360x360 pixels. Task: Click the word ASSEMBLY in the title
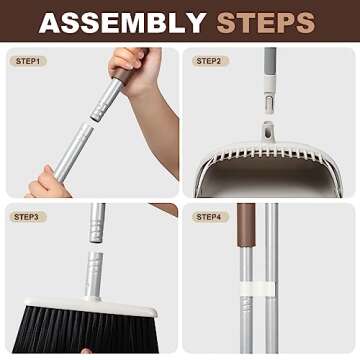pos(122,22)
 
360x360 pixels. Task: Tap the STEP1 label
pos(29,61)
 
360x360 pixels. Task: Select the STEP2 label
pos(209,61)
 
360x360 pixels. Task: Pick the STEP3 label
pos(29,217)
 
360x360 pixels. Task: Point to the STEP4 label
pos(209,217)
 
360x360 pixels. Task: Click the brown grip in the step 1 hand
pos(125,62)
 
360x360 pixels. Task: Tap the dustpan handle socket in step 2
pos(269,130)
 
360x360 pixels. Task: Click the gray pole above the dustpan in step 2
pos(269,80)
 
